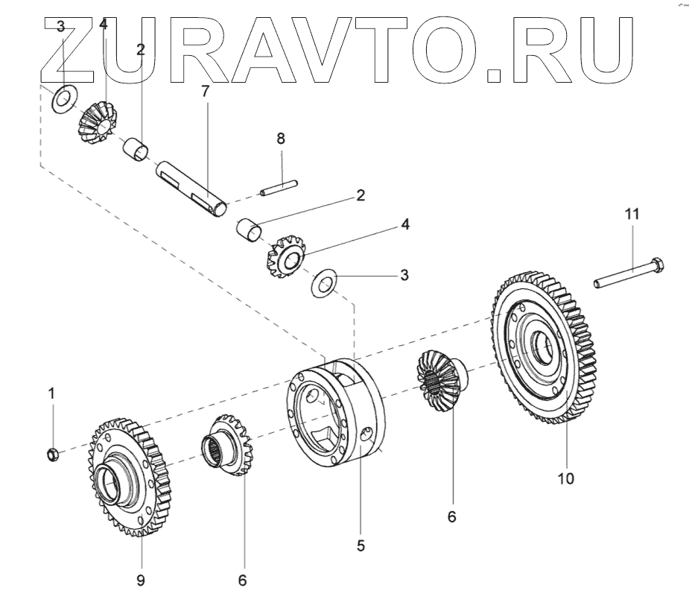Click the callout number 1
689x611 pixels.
[x=51, y=393]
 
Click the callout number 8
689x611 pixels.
[x=280, y=139]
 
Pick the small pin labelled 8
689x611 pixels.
[x=280, y=188]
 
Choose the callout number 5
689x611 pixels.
[x=361, y=545]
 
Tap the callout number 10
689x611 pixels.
[x=566, y=478]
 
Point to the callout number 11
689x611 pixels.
[x=632, y=214]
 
